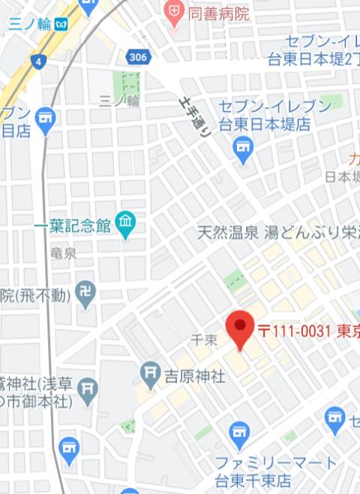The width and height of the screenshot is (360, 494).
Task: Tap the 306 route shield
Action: (x=137, y=58)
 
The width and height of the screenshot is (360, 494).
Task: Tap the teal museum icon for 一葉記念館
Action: (x=125, y=224)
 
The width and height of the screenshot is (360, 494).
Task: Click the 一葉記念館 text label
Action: (x=72, y=224)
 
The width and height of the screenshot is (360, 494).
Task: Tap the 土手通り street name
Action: (x=196, y=114)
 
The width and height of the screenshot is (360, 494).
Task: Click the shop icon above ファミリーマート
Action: (x=239, y=433)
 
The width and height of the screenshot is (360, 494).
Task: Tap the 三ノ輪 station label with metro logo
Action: (x=37, y=24)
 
